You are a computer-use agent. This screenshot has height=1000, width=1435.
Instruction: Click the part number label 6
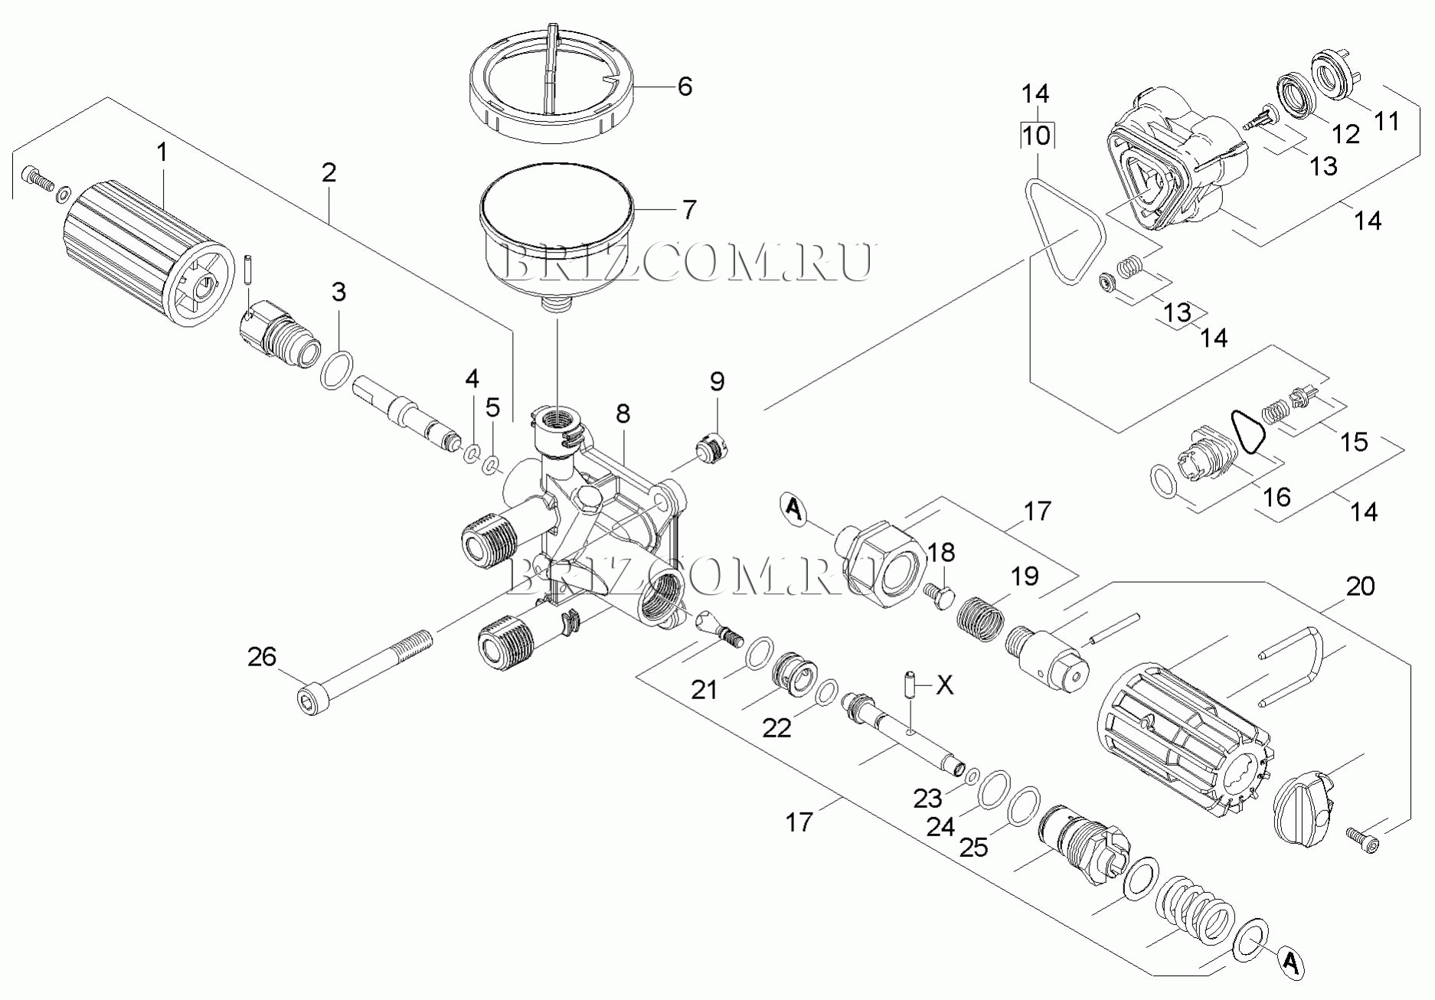click(685, 87)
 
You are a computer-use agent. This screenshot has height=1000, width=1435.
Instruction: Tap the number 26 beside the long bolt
click(262, 657)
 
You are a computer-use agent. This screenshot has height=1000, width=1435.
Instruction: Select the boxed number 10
click(1036, 136)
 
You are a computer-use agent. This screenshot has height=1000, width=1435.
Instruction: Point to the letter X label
click(945, 685)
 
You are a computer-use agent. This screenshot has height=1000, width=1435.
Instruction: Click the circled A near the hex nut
click(793, 508)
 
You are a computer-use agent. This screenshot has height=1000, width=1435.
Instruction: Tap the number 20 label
click(1360, 587)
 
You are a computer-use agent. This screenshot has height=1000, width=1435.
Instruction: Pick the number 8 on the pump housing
click(623, 413)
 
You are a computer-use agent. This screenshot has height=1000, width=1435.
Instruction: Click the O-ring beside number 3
click(337, 371)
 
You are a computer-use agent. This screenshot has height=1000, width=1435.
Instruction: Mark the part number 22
click(776, 727)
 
